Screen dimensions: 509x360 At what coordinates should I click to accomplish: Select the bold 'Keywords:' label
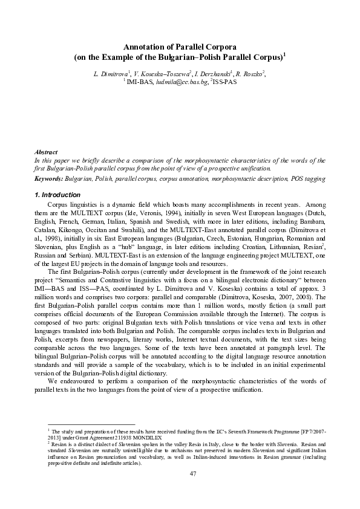pos(48,180)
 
